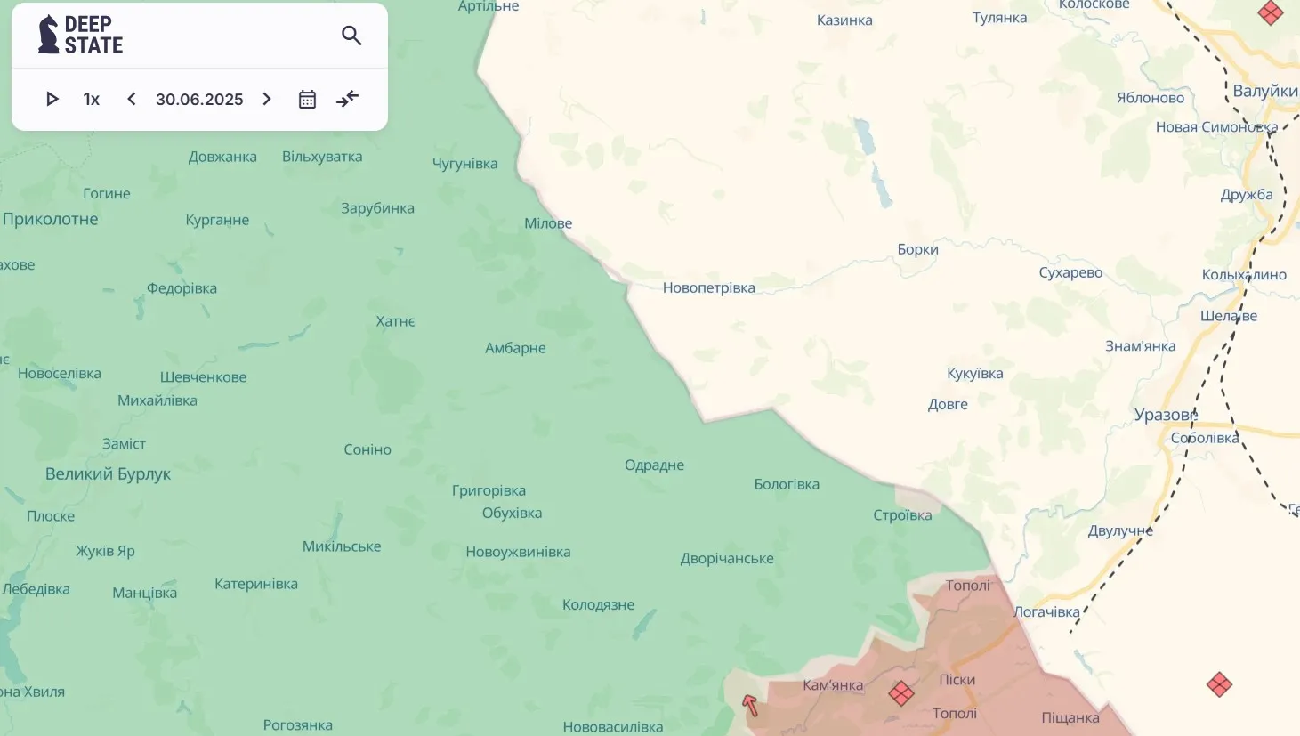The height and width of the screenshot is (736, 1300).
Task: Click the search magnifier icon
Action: coord(351,36)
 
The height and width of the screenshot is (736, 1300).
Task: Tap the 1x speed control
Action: coord(92,99)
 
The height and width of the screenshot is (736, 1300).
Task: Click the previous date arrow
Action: coord(132,99)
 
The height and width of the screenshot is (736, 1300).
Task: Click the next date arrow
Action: coord(267,99)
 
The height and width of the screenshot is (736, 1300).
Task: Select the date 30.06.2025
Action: coord(199,99)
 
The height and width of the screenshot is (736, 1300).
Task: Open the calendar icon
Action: coord(307,99)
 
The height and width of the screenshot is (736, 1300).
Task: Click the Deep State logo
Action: coord(80,35)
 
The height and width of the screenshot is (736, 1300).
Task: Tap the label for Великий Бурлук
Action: coord(108,474)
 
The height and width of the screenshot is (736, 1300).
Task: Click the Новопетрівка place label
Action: coord(708,287)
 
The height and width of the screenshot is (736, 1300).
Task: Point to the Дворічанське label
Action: coord(727,559)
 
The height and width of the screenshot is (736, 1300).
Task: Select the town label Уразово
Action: coord(1166,415)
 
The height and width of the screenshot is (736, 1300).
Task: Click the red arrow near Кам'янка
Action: coord(750,706)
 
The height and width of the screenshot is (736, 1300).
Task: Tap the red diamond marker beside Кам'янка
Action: coord(901,693)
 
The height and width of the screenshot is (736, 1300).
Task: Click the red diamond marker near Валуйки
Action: coord(1271,12)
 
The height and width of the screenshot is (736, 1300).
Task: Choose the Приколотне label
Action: coord(51,219)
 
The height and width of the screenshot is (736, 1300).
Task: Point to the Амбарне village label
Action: coord(515,348)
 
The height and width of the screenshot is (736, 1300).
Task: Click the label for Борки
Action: coord(917,249)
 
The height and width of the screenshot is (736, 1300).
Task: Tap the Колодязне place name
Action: coord(598,605)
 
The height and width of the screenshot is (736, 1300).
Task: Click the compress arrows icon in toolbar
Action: coord(347,99)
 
